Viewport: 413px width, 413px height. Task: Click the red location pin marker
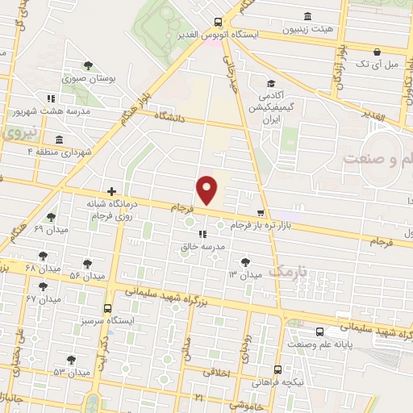(x=208, y=190)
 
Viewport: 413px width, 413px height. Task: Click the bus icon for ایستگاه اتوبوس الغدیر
(x=218, y=23)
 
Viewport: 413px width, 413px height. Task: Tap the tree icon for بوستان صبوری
(x=89, y=65)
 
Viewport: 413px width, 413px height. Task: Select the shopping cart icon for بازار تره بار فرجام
(x=260, y=213)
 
